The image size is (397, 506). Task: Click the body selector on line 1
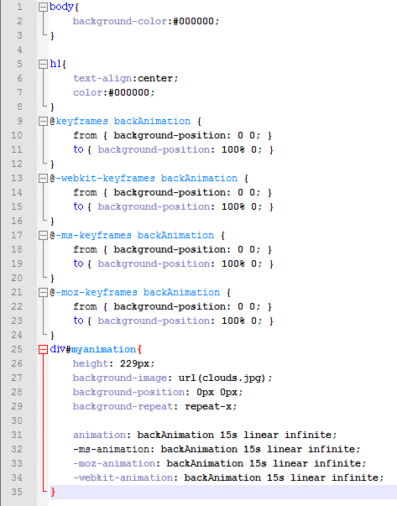pyautogui.click(x=61, y=7)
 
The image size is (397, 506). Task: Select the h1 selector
pyautogui.click(x=55, y=64)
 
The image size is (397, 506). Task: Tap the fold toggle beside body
pyautogui.click(x=43, y=7)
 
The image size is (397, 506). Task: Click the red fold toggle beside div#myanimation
pyautogui.click(x=43, y=349)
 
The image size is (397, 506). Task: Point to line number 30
pyautogui.click(x=17, y=420)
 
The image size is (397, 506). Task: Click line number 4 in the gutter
pyautogui.click(x=19, y=50)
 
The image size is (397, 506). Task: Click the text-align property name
pyautogui.click(x=102, y=78)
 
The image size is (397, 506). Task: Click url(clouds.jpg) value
pyautogui.click(x=222, y=378)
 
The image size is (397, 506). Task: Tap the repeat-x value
pyautogui.click(x=208, y=406)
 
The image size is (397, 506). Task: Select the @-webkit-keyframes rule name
pyautogui.click(x=102, y=178)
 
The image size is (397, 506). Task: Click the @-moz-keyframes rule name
pyautogui.click(x=94, y=292)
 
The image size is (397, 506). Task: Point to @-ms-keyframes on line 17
pyautogui.click(x=91, y=235)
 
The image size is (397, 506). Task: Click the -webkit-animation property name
pyautogui.click(x=123, y=477)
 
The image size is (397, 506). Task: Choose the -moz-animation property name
pyautogui.click(x=114, y=463)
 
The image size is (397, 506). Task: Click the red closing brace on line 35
pyautogui.click(x=53, y=492)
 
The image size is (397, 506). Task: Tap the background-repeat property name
pyautogui.click(x=123, y=406)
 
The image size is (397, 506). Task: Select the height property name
pyautogui.click(x=91, y=363)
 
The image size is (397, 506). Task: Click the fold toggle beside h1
pyautogui.click(x=43, y=65)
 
